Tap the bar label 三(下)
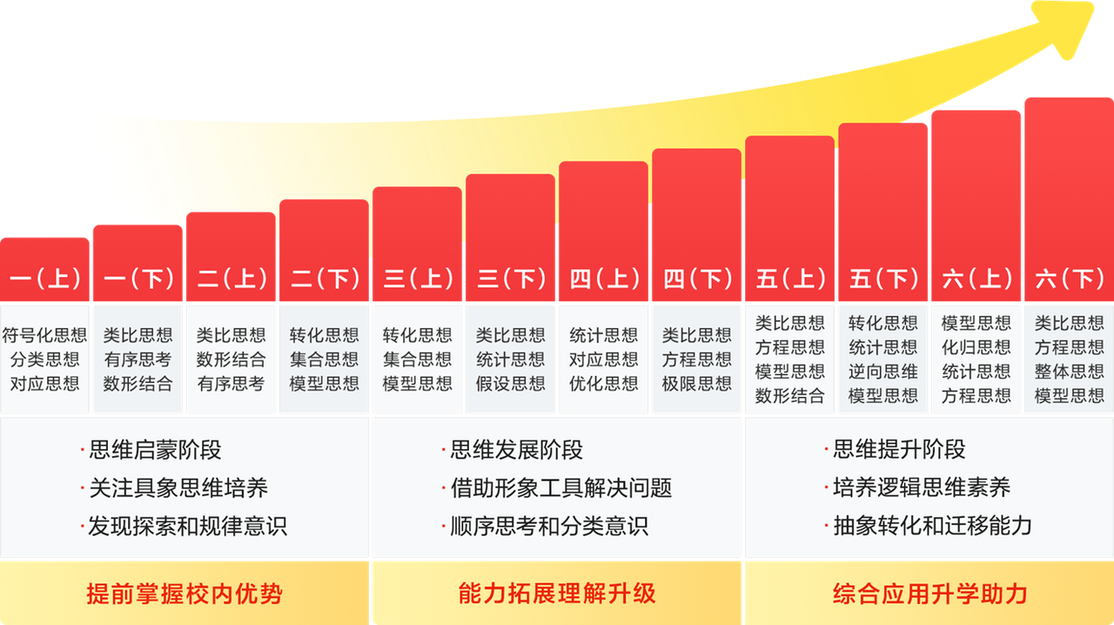pyautogui.click(x=511, y=279)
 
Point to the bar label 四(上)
pyautogui.click(x=604, y=279)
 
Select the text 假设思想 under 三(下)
pyautogui.click(x=511, y=384)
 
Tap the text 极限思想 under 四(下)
pyautogui.click(x=697, y=384)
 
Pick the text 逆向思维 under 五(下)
pyautogui.click(x=883, y=372)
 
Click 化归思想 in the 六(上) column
pyautogui.click(x=976, y=347)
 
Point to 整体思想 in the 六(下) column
pyautogui.click(x=1070, y=372)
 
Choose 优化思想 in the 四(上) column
pyautogui.click(x=604, y=384)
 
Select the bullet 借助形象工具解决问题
pyautogui.click(x=560, y=488)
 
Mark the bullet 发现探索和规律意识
pyautogui.click(x=187, y=526)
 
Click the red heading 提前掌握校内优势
pyautogui.click(x=185, y=595)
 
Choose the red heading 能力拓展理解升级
pyautogui.click(x=557, y=595)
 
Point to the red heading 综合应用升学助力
pyautogui.click(x=929, y=595)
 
